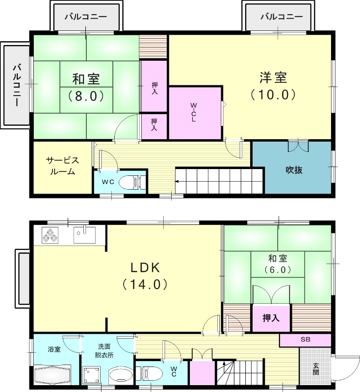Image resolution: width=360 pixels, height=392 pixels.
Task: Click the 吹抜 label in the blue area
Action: (x=294, y=170)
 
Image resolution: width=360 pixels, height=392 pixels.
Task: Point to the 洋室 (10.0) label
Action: (x=273, y=85)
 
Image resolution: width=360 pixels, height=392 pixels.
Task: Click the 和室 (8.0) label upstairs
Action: (x=86, y=87)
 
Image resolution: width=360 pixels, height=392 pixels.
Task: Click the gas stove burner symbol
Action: (x=50, y=236)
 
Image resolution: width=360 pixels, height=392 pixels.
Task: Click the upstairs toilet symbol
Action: (x=131, y=182)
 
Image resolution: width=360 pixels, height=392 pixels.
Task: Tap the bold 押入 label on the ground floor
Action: (x=271, y=318)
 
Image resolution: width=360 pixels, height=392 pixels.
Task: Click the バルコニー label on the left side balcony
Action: (x=17, y=85)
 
